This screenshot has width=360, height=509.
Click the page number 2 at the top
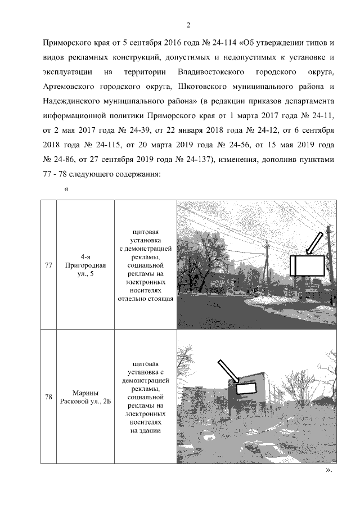pyautogui.click(x=188, y=25)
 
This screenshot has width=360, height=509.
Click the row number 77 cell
pyautogui.click(x=48, y=264)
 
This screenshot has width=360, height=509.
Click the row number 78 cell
pyautogui.click(x=48, y=397)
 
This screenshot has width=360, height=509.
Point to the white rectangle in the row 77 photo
pyautogui.click(x=308, y=265)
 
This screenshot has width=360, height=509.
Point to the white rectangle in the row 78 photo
pyautogui.click(x=246, y=388)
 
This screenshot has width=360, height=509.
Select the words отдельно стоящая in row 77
pyautogui.click(x=145, y=299)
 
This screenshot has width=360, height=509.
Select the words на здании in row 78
pyautogui.click(x=145, y=431)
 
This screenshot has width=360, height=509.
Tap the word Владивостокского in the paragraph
pyautogui.click(x=210, y=73)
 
